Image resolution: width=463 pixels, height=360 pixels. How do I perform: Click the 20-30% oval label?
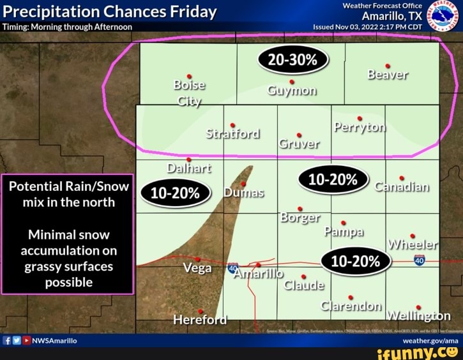pos(292,61)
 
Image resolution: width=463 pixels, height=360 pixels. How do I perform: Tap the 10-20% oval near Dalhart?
pos(176,193)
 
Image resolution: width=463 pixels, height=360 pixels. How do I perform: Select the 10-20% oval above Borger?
pos(332,181)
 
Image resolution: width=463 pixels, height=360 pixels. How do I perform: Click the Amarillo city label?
pos(258,274)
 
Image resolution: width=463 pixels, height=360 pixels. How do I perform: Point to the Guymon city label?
pos(291,90)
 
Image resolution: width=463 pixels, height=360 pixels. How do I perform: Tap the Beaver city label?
pos(388,75)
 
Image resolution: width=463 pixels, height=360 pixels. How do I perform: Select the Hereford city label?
pos(200,319)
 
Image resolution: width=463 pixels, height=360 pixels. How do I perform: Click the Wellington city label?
pos(419,316)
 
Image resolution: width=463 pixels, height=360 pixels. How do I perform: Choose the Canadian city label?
pos(402,187)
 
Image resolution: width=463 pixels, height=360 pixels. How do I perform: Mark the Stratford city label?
pos(233,133)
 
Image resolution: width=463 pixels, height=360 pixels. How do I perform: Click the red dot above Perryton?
pos(360,118)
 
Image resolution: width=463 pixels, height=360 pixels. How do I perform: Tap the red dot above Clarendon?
pos(351,297)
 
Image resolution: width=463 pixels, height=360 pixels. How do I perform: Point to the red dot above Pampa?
pos(344,223)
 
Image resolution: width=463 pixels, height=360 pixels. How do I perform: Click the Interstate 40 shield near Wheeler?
pos(420,260)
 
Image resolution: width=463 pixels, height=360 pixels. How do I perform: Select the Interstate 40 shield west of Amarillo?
pos(233,267)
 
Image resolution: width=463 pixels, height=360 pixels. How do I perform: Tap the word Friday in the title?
pos(194,11)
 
